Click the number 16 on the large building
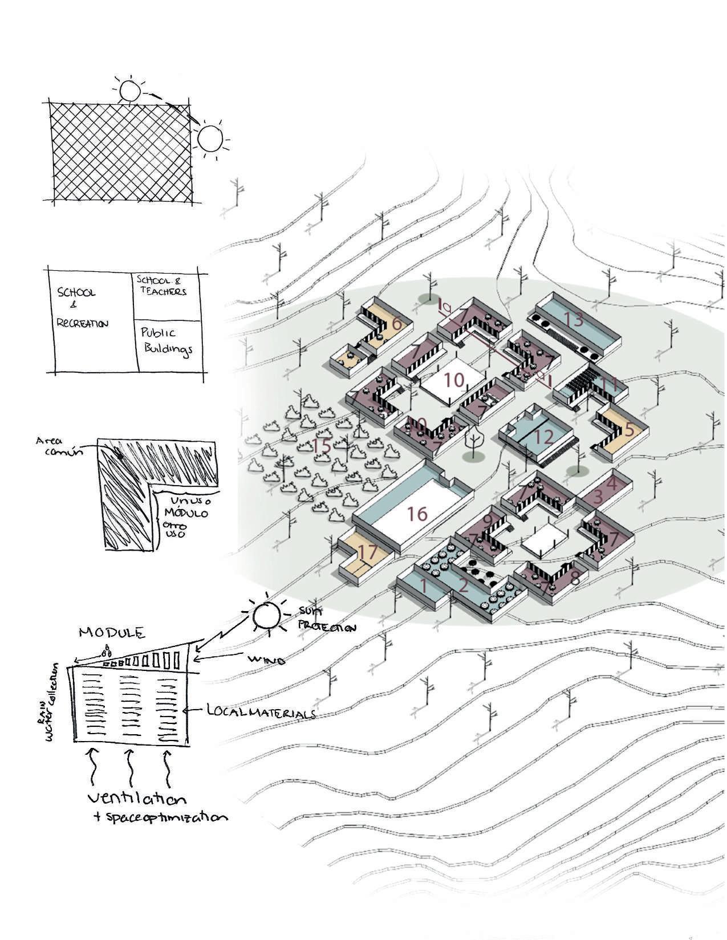417,514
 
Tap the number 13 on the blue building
574,320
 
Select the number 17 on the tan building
369,553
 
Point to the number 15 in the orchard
322,446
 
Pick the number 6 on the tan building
397,325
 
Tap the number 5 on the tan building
628,429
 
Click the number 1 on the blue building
423,585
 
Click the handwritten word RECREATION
82,323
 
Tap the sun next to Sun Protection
266,615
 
